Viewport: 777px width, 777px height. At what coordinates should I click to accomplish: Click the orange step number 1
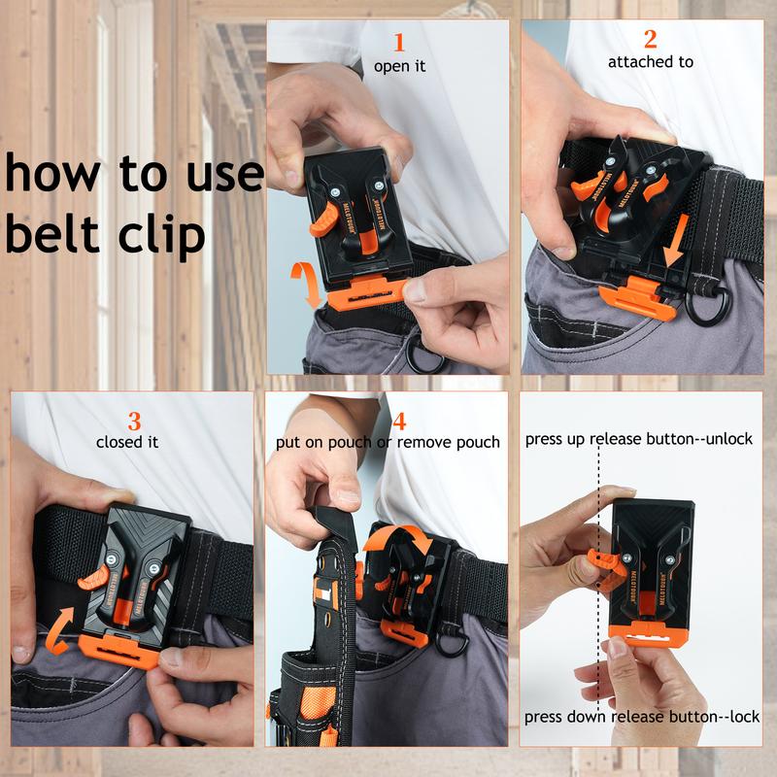[398, 42]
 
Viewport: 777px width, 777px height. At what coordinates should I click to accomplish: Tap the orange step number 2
[651, 39]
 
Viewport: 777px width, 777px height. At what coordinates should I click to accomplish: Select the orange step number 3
[135, 422]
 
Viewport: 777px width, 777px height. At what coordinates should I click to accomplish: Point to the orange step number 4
[399, 421]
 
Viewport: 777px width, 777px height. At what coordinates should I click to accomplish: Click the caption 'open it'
[399, 67]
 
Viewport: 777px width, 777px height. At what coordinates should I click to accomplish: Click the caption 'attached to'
[651, 62]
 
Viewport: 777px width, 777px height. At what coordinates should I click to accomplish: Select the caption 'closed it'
[127, 443]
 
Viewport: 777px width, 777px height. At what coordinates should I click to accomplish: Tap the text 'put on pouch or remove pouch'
[388, 443]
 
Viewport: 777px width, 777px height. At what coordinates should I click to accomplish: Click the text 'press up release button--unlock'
[639, 439]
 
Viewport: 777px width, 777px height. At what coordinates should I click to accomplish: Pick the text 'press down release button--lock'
[642, 717]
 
